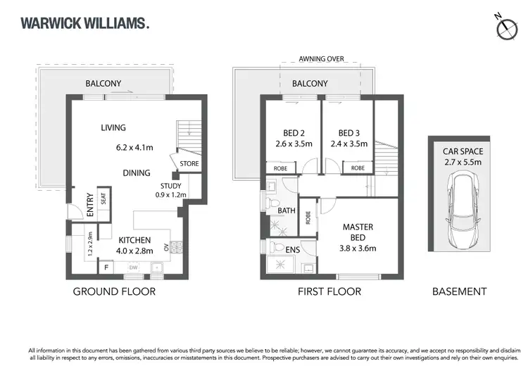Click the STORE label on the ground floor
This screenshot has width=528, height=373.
[189, 163]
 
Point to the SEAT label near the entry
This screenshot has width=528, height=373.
[103, 199]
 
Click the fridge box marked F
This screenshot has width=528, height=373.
[107, 267]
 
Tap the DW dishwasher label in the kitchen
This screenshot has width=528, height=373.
[132, 267]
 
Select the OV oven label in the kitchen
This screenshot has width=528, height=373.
[166, 247]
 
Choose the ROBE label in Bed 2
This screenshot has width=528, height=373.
[275, 168]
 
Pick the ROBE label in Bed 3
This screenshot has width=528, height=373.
[358, 168]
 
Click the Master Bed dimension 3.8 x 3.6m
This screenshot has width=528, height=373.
[358, 248]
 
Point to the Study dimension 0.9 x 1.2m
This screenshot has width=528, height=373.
[171, 196]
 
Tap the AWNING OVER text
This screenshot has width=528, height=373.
[320, 59]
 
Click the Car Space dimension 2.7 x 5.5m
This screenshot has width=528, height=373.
[463, 162]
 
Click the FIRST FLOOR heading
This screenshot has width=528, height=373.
[328, 291]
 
